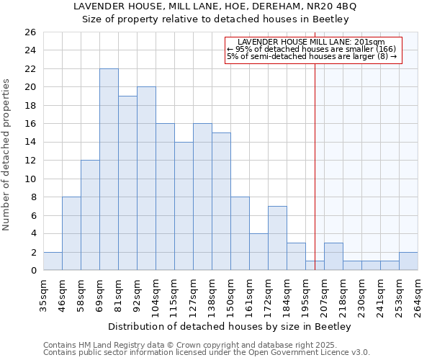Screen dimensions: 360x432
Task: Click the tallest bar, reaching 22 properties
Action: click(109, 169)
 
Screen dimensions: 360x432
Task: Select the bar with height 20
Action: click(146, 179)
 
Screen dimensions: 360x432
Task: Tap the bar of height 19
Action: click(127, 183)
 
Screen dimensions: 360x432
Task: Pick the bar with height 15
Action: click(221, 202)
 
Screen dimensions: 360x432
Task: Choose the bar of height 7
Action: click(277, 238)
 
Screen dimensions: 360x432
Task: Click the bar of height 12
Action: click(90, 215)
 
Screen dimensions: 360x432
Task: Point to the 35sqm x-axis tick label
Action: click(44, 294)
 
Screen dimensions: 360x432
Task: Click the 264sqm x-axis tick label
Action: click(418, 294)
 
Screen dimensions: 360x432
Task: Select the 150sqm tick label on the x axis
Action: click(231, 294)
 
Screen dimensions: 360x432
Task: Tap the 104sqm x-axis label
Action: click(156, 294)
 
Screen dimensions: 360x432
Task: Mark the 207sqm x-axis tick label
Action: click(325, 294)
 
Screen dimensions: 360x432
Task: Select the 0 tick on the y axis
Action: click(32, 271)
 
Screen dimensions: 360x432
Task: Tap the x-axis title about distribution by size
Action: click(230, 327)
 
